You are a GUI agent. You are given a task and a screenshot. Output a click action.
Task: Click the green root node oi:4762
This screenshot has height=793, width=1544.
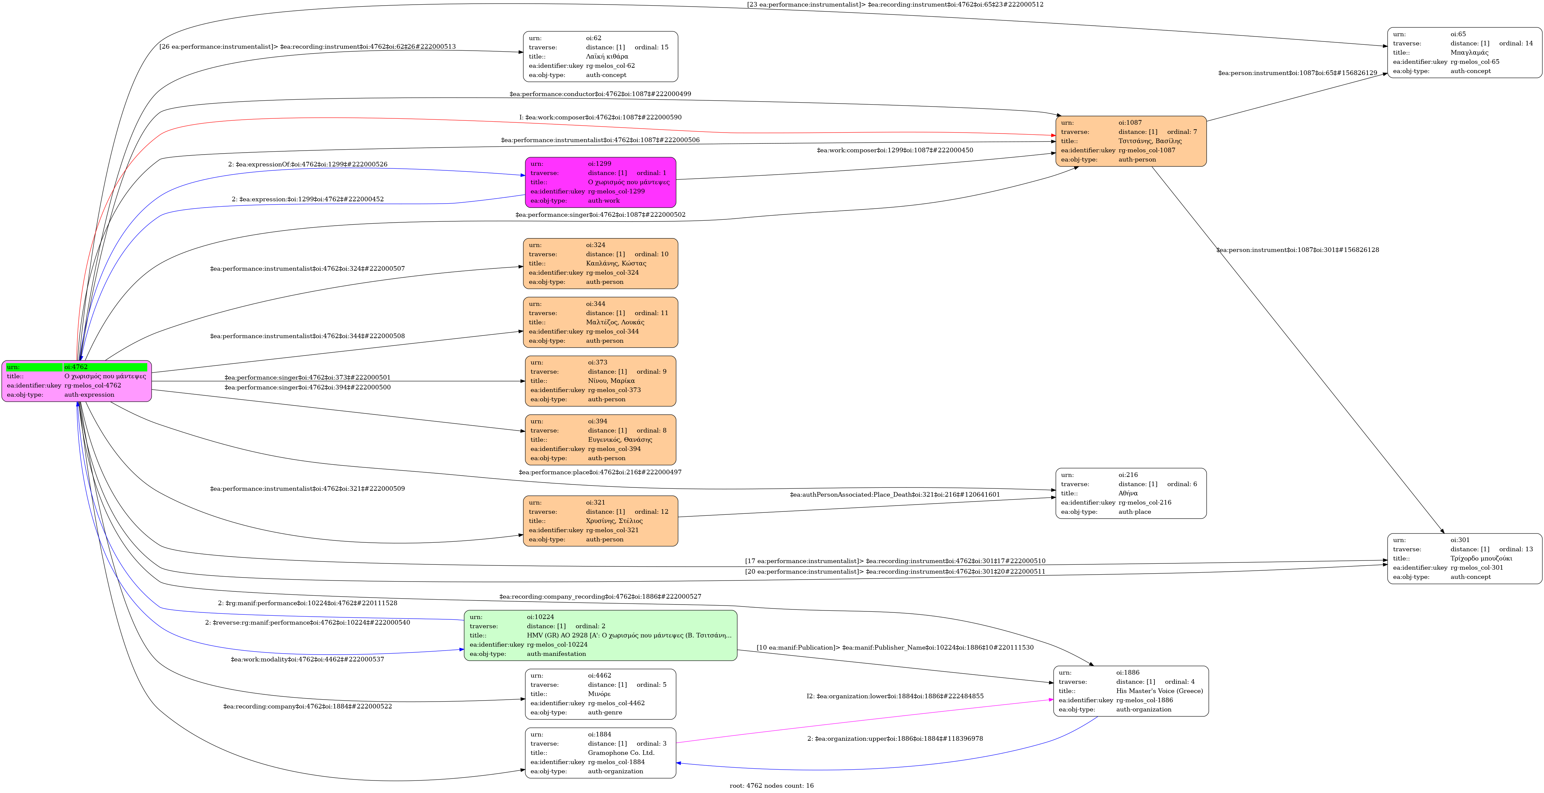pos(77,381)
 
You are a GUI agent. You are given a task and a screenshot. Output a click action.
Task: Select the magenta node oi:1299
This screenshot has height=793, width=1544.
pos(601,182)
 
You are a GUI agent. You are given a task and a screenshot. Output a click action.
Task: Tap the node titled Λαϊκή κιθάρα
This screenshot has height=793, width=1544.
pos(601,56)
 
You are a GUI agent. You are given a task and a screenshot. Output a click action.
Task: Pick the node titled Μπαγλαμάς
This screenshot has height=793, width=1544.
pos(1464,53)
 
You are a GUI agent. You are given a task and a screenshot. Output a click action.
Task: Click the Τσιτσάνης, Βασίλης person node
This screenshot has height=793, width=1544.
pos(1131,141)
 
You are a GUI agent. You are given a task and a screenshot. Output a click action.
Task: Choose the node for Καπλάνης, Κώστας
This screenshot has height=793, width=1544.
pos(601,263)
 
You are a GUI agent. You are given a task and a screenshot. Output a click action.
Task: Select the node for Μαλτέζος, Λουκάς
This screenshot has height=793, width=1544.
pos(601,322)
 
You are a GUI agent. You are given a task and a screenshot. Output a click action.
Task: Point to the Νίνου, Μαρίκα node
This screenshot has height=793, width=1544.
pos(601,381)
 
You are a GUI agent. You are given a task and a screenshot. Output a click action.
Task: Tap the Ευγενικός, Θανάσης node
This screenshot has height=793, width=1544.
pos(601,440)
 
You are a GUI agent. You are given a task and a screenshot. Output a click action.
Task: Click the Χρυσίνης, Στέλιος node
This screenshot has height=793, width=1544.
pos(601,521)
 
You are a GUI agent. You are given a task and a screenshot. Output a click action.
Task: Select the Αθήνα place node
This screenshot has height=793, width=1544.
pos(1131,493)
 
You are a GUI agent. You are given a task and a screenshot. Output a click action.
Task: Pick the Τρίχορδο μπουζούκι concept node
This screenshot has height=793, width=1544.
pos(1464,558)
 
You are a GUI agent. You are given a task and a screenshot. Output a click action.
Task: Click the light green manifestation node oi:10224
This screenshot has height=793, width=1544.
pos(601,635)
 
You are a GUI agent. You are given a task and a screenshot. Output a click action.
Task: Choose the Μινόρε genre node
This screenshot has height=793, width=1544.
pos(601,694)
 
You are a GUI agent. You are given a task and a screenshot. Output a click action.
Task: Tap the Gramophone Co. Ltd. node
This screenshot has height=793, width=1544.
pos(601,753)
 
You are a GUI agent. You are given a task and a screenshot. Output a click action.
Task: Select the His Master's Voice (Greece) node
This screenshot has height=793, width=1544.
pos(1131,691)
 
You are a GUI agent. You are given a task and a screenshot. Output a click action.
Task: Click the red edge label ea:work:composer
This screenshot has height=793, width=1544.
pos(600,117)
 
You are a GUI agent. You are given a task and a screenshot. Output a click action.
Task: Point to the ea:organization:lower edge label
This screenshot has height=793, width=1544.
pos(895,696)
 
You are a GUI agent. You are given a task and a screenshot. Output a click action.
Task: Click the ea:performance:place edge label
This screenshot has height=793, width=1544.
pos(600,472)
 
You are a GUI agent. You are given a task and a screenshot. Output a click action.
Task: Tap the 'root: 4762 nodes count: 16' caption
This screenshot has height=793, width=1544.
pos(772,785)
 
